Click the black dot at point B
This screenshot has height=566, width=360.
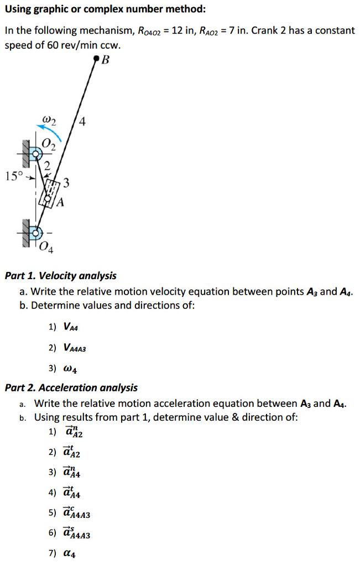[x=97, y=57]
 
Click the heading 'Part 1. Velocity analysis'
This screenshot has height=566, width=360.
[x=60, y=275]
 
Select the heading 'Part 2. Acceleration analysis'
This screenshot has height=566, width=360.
[x=71, y=387]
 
